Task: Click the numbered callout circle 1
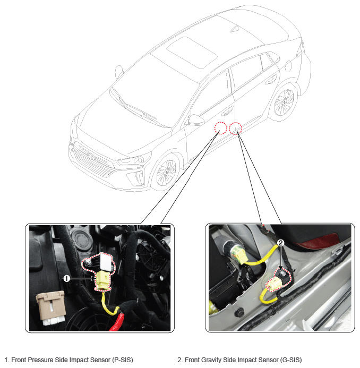pos(67,279)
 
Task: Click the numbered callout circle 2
pos(281,243)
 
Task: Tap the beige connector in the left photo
pos(51,308)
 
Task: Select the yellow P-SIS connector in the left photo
pos(103,280)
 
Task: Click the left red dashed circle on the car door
pos(220,128)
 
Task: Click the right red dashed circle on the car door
pos(235,128)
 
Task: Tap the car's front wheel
pos(166,173)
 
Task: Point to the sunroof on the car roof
pos(192,53)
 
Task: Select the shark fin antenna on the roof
pos(235,29)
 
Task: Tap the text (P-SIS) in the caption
pos(123,360)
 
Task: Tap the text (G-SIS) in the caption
pos(291,360)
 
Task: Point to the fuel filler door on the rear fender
pos(288,66)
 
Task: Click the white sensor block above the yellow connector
pos(106,261)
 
